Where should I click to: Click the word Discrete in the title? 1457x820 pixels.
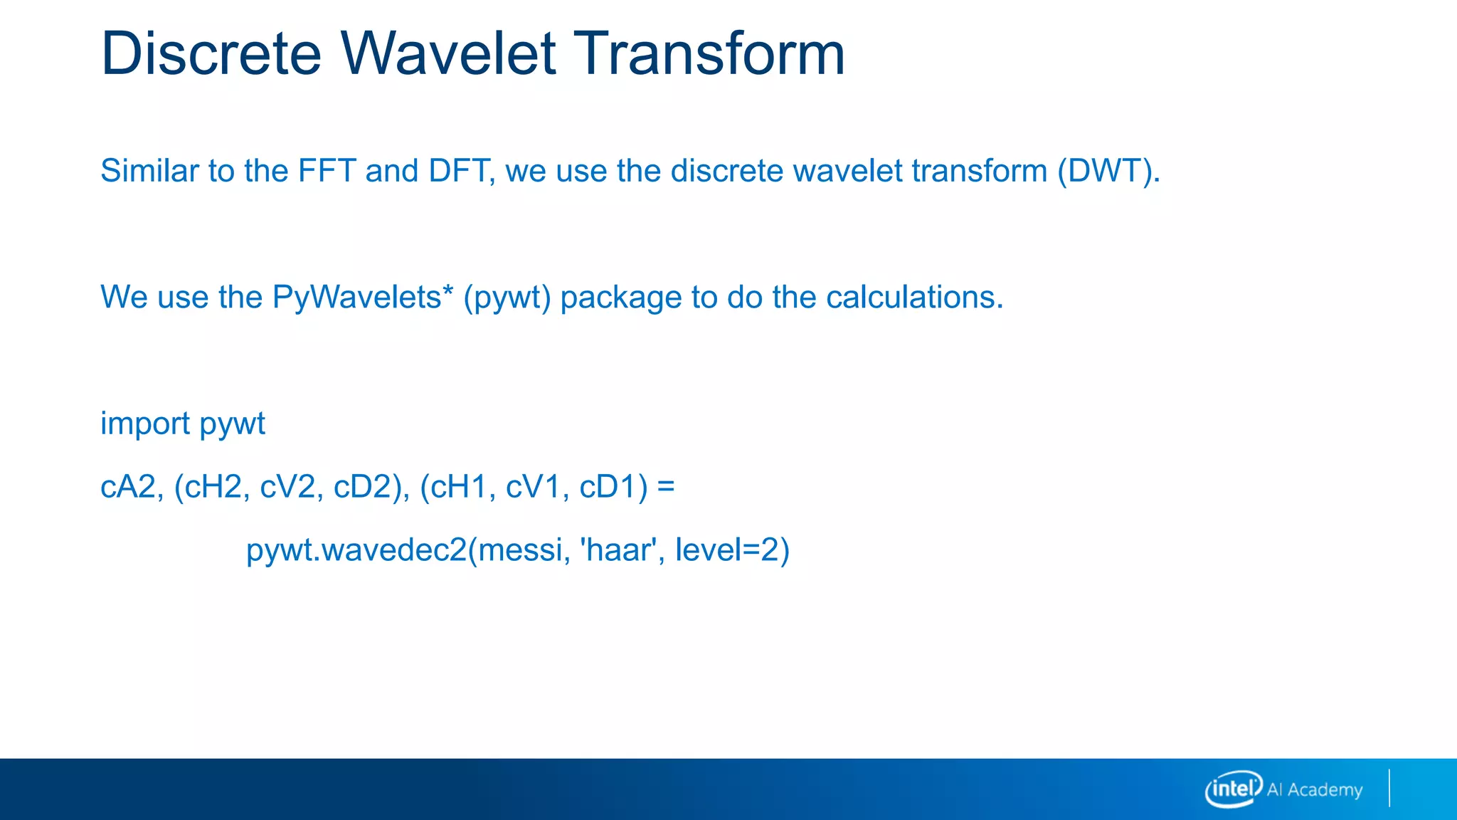click(x=211, y=53)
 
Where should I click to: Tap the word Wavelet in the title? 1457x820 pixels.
click(x=447, y=53)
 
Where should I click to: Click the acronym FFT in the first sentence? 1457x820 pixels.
click(x=327, y=171)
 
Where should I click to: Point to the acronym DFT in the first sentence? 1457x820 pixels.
click(x=457, y=171)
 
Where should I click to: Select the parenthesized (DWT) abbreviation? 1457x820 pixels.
click(x=1108, y=172)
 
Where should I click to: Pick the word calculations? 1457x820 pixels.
click(x=915, y=297)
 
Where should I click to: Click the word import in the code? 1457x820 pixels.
click(x=145, y=424)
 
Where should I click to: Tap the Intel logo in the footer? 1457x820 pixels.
click(x=1234, y=789)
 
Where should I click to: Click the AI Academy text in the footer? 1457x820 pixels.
click(x=1315, y=790)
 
